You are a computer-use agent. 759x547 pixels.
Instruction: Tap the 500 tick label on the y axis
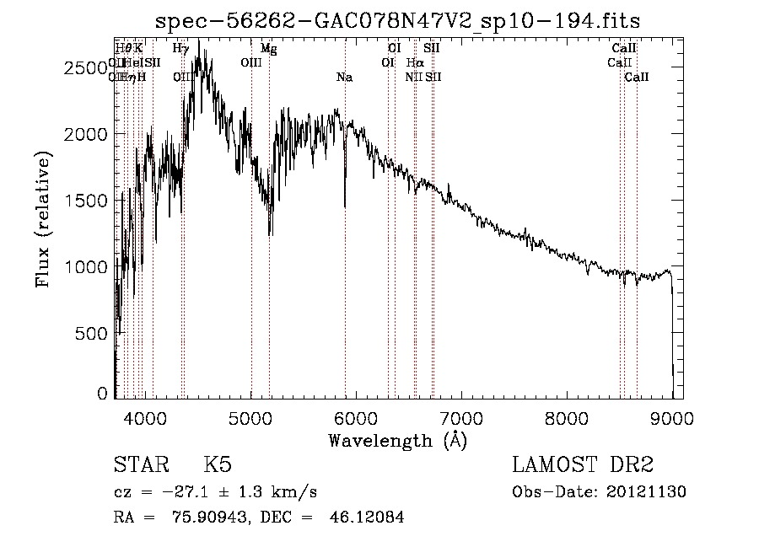click(93, 333)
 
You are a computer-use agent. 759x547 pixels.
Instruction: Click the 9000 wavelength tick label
click(672, 416)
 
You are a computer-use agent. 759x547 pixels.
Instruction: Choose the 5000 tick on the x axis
click(251, 416)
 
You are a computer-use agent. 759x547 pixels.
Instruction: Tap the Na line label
click(344, 78)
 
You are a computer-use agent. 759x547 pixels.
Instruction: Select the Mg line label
click(268, 50)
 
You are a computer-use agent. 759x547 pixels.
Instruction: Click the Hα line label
click(415, 63)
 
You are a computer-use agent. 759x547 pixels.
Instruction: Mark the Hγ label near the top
click(180, 50)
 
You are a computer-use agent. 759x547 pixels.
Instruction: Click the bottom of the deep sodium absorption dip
click(345, 205)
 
